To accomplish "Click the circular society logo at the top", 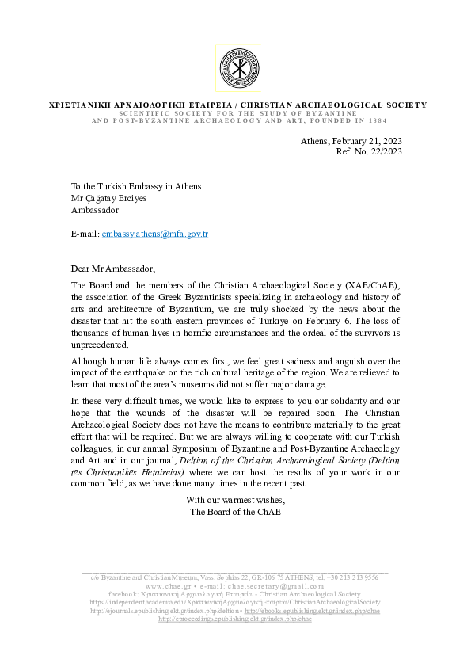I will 237,67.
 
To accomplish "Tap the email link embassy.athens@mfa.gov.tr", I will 155,234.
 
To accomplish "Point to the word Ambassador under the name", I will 95,210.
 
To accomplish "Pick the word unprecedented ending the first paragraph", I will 101,345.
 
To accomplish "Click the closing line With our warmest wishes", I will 235,500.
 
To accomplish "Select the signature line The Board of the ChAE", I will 235,512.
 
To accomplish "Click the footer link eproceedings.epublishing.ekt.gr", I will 235,619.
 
